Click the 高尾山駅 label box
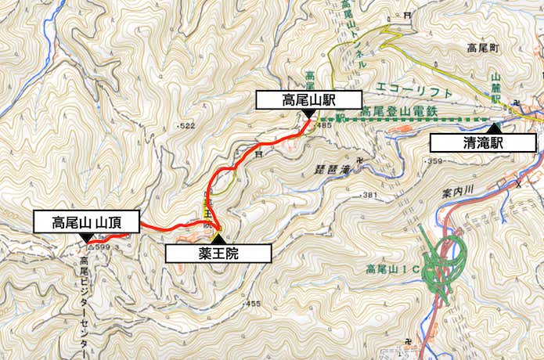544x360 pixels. tap(309, 99)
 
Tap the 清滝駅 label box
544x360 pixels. tap(483, 142)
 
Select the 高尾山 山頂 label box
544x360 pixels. tap(85, 221)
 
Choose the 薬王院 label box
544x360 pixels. tap(218, 253)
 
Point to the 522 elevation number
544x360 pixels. tap(186, 126)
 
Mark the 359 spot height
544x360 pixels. tap(435, 161)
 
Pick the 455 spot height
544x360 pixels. tap(252, 303)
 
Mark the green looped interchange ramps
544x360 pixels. tap(442, 258)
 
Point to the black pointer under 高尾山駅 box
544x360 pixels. tap(308, 113)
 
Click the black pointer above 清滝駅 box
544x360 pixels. tap(493, 128)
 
